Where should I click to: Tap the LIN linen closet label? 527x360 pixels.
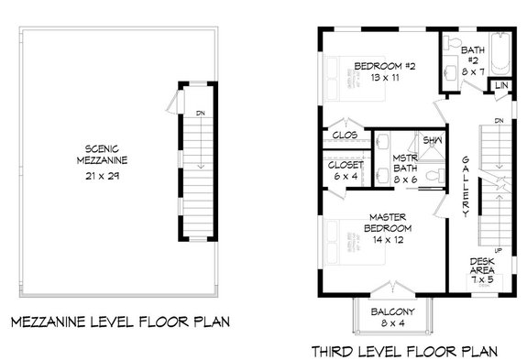point(500,85)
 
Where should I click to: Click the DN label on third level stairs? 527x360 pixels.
point(498,121)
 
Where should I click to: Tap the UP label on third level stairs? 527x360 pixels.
point(498,248)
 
